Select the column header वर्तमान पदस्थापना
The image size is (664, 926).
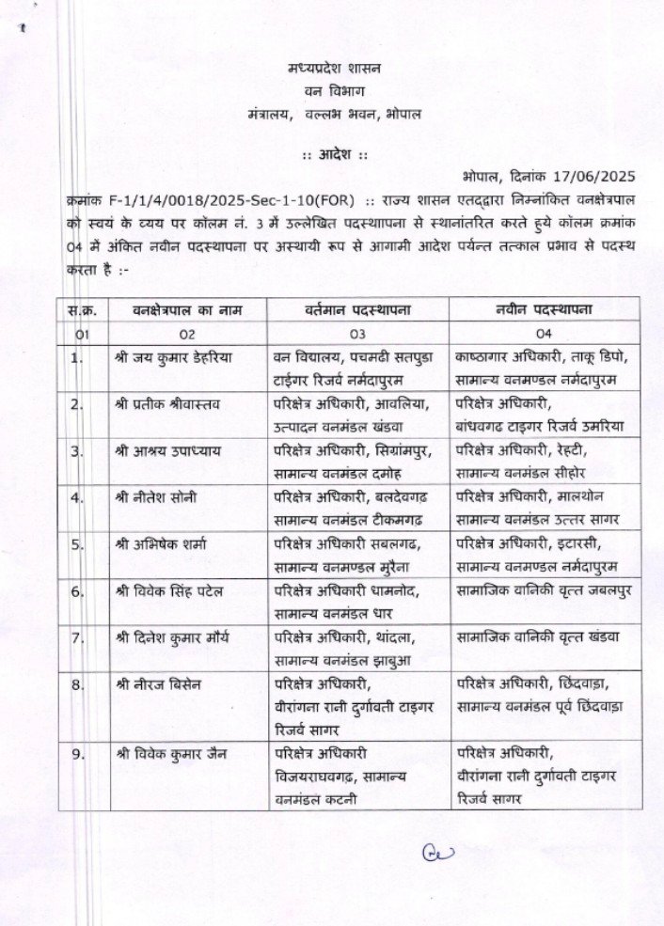[x=357, y=309]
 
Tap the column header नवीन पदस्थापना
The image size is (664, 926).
[x=545, y=309]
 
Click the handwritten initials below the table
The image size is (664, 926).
[x=438, y=855]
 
